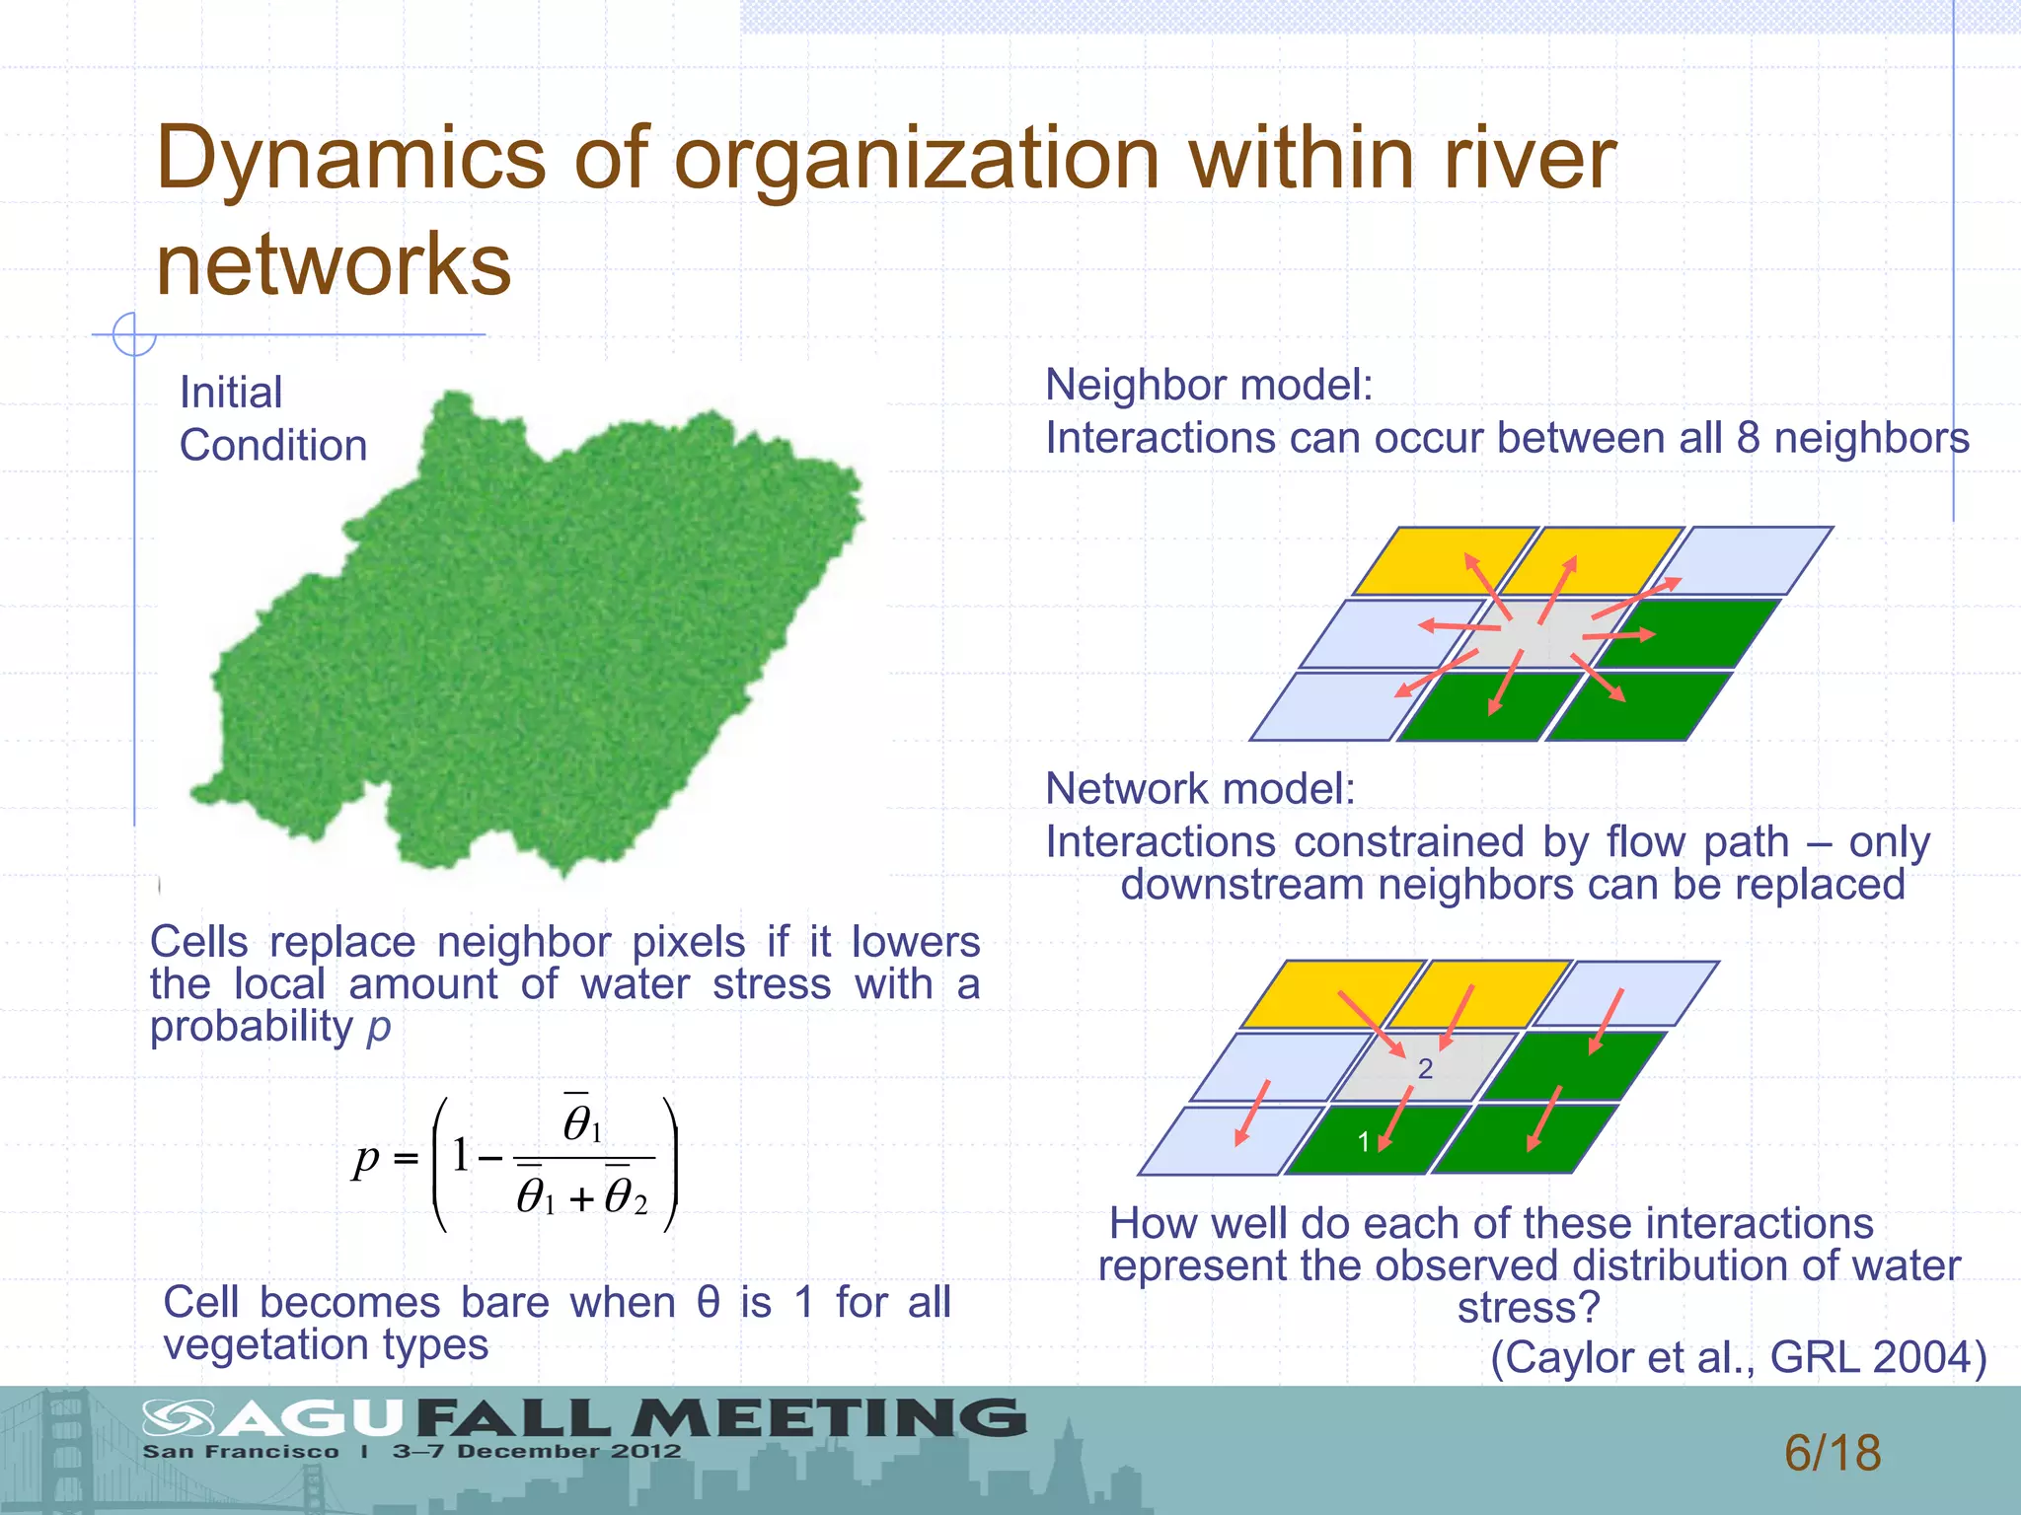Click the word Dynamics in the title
[350, 160]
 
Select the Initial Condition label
[272, 419]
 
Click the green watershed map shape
[533, 641]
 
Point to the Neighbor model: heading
[1209, 385]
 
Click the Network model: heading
[1200, 789]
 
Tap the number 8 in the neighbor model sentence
[1748, 438]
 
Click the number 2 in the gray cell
[1425, 1068]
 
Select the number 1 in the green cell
[1363, 1142]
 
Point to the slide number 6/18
[1833, 1453]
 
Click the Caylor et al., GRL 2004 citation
[1738, 1358]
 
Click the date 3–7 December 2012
[537, 1451]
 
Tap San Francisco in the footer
[241, 1452]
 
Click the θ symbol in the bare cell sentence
[708, 1303]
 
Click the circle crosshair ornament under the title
[133, 334]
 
